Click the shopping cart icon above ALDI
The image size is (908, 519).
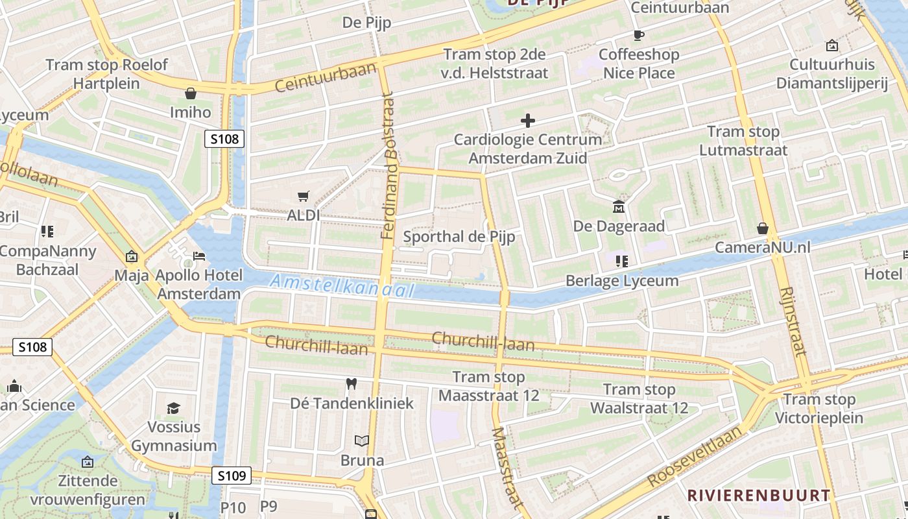coord(303,196)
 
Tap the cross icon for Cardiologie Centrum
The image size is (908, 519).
coord(528,121)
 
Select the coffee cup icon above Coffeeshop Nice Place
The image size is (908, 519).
coord(639,35)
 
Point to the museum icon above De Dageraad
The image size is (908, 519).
coord(619,207)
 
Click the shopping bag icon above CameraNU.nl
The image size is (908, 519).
coord(763,228)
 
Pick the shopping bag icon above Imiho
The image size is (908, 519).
coord(191,93)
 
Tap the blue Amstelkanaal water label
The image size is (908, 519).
coord(342,286)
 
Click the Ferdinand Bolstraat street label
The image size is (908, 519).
coord(388,165)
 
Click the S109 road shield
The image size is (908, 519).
coord(232,476)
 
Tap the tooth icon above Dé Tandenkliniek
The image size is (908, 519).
coord(352,384)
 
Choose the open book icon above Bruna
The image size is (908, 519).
coord(362,441)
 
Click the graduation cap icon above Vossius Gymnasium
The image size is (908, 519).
coord(173,408)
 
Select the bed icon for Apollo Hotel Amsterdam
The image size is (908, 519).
coord(199,256)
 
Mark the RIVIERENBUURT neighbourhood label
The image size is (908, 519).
coord(758,495)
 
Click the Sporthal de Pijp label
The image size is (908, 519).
coord(459,237)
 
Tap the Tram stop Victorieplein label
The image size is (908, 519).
coord(819,408)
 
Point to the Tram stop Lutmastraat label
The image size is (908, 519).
coord(743,141)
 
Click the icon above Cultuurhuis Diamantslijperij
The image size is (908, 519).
coord(831,45)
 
